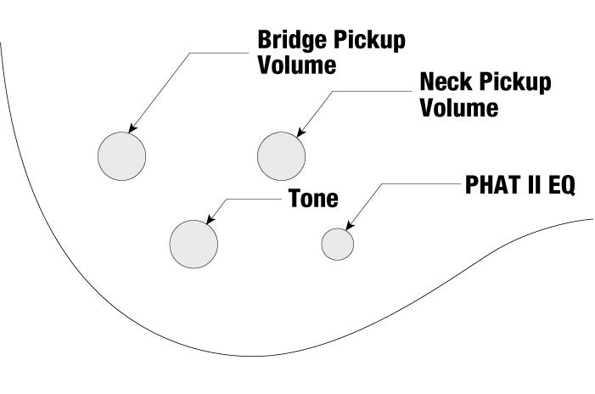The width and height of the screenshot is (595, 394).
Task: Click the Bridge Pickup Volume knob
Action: [x=122, y=156]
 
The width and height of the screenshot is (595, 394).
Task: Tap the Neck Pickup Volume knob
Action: [x=281, y=155]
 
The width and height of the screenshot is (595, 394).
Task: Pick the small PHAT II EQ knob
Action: [x=337, y=244]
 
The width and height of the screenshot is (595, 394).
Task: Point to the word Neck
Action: [x=446, y=83]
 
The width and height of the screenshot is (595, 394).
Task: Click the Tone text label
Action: [x=313, y=200]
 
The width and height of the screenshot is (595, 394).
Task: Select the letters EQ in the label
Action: [x=561, y=188]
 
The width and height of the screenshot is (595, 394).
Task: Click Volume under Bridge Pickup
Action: [x=297, y=65]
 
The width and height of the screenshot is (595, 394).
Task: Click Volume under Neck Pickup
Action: [x=459, y=108]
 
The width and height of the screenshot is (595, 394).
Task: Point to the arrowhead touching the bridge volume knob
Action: [x=132, y=129]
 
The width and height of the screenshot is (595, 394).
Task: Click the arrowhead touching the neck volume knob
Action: [x=298, y=132]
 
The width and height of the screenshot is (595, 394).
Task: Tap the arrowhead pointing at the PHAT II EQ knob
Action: [x=349, y=225]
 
